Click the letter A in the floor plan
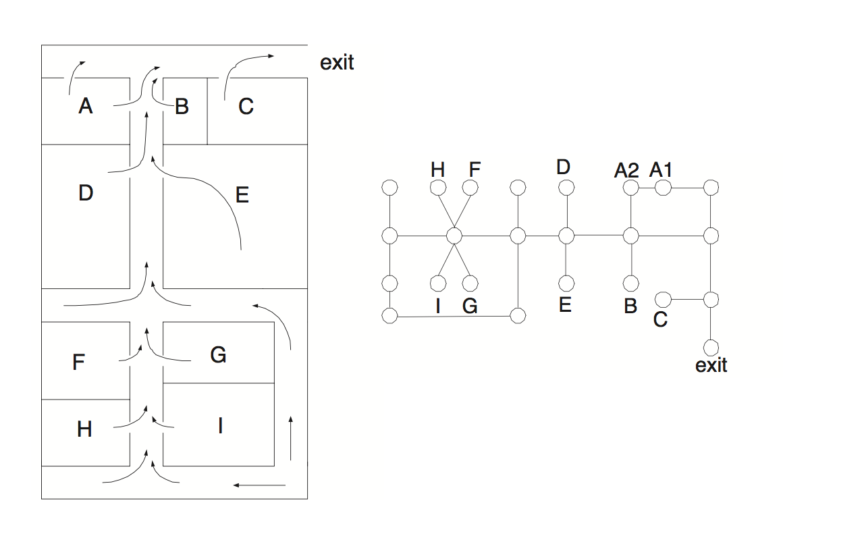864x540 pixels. click(85, 106)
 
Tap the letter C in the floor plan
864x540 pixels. click(246, 106)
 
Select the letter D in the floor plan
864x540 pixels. click(85, 193)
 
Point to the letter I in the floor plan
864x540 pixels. click(220, 425)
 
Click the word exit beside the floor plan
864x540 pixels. click(337, 63)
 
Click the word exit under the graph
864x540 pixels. click(711, 365)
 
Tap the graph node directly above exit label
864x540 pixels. click(711, 348)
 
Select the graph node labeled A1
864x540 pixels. click(663, 188)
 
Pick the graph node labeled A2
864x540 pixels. click(630, 188)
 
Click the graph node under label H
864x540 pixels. click(438, 188)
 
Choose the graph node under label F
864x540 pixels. click(470, 188)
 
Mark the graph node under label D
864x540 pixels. click(566, 188)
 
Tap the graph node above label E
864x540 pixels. click(566, 283)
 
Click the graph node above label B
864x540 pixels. click(630, 283)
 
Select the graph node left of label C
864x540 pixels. click(663, 298)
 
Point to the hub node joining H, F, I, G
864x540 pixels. click(454, 236)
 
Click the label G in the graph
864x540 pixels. click(470, 306)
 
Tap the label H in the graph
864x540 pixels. click(438, 169)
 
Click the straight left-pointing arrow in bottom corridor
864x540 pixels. click(260, 485)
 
